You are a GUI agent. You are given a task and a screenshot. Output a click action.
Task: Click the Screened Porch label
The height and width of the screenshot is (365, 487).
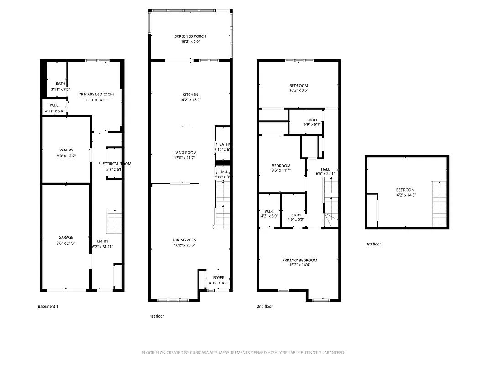pyautogui.click(x=190, y=36)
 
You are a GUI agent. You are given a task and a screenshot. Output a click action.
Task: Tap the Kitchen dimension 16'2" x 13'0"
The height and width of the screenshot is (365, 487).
pyautogui.click(x=190, y=100)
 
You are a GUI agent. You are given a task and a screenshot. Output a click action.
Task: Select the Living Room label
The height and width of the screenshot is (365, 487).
pyautogui.click(x=184, y=153)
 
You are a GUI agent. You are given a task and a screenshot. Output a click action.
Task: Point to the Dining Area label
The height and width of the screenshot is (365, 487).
pyautogui.click(x=184, y=240)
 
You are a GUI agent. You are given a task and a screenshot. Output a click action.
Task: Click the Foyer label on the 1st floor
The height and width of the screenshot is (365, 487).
pyautogui.click(x=219, y=278)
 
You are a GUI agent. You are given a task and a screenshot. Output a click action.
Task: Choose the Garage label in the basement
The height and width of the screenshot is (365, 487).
pyautogui.click(x=66, y=237)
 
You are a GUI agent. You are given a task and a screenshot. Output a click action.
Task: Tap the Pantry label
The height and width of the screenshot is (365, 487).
pyautogui.click(x=66, y=150)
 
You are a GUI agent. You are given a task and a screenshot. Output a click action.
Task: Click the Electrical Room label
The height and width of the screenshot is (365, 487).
pyautogui.click(x=115, y=164)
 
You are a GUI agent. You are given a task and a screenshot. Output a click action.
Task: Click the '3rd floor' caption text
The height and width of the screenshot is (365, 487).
pyautogui.click(x=373, y=245)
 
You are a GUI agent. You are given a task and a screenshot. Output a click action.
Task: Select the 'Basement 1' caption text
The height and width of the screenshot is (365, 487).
pyautogui.click(x=48, y=307)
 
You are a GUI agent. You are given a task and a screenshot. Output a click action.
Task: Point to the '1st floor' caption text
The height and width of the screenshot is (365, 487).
pyautogui.click(x=157, y=316)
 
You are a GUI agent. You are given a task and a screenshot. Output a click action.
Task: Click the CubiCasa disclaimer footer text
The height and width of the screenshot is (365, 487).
pyautogui.click(x=243, y=353)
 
